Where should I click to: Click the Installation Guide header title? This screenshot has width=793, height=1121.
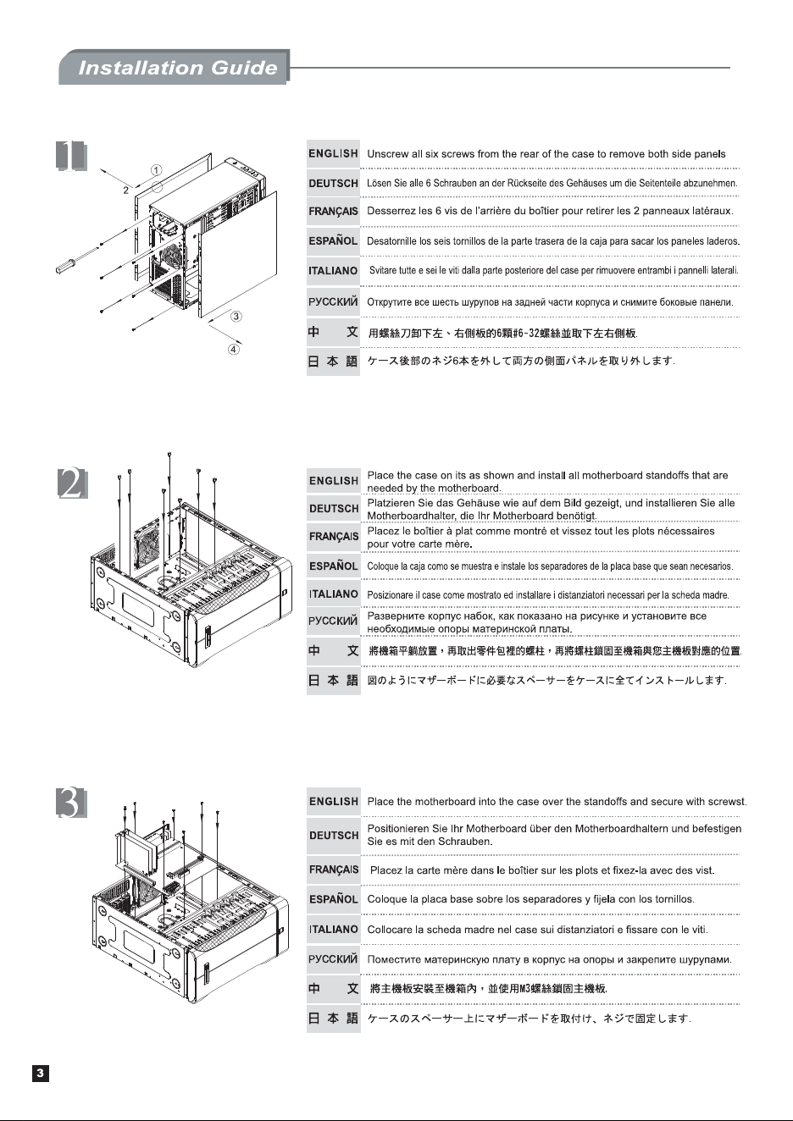tap(178, 68)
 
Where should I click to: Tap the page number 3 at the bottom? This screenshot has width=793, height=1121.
tap(41, 1074)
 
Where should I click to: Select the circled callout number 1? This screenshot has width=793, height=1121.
tap(156, 170)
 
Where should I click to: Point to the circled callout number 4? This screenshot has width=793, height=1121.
tap(234, 350)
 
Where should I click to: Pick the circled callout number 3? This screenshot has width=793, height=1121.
tap(236, 317)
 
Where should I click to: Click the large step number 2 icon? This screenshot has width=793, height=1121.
tap(73, 483)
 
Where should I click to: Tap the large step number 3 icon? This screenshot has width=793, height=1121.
tap(71, 803)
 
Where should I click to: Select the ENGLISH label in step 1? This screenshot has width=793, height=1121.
tap(334, 153)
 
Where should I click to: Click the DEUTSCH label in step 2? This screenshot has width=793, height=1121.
tap(334, 509)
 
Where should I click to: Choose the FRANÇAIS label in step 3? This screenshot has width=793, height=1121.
tap(334, 870)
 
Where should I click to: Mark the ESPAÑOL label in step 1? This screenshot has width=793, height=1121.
tap(334, 240)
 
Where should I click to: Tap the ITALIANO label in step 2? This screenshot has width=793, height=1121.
tap(334, 594)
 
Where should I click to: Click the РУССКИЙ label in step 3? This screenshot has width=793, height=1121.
tap(334, 959)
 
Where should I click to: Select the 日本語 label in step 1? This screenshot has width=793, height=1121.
tap(334, 362)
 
